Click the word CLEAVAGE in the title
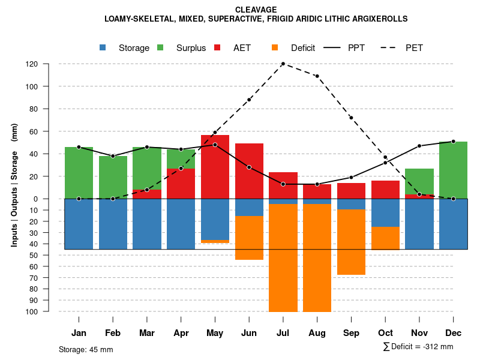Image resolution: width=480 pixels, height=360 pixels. click(256, 10)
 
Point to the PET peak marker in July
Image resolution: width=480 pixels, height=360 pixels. click(283, 64)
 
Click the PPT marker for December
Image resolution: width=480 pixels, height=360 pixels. click(453, 142)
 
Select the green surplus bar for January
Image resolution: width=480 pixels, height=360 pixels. click(79, 173)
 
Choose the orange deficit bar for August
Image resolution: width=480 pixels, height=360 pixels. click(317, 258)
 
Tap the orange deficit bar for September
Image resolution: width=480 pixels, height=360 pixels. click(351, 242)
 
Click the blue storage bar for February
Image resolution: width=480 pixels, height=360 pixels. click(113, 224)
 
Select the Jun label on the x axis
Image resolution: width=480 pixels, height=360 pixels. click(249, 333)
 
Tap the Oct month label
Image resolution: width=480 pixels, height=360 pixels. click(385, 333)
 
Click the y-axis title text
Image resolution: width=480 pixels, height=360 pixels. click(14, 185)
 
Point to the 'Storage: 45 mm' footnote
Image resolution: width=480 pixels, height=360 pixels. click(86, 349)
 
